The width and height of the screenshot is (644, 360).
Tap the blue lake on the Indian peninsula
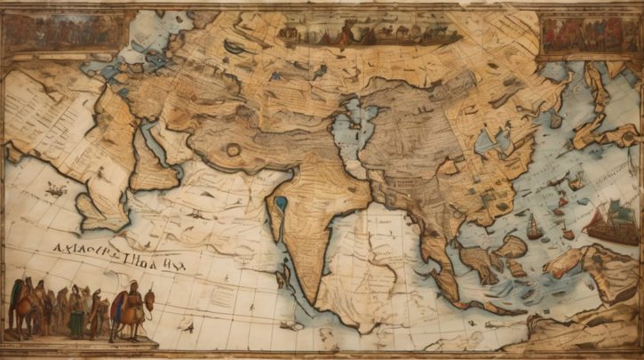282,204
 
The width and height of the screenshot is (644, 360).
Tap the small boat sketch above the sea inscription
55,190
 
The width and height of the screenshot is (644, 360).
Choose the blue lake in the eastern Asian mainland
488,139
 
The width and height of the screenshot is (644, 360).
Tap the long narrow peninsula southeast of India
435,258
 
